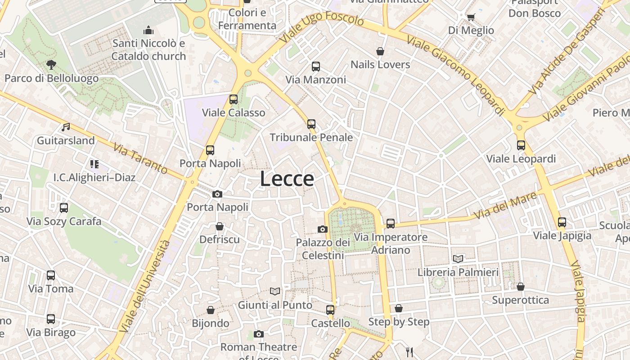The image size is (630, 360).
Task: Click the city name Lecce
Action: [x=287, y=179]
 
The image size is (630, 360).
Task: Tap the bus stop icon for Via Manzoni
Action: [x=316, y=67]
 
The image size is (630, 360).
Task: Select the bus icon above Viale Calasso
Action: [x=233, y=99]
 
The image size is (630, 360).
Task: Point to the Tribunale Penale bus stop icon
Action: [x=311, y=124]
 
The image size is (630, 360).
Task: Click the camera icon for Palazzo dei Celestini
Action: [x=322, y=229]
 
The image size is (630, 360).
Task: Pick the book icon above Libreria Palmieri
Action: [x=458, y=259]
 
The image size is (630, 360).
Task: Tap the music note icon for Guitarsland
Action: [x=66, y=127]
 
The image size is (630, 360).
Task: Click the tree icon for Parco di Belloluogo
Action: [x=51, y=65]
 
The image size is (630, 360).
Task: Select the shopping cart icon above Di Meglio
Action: [x=471, y=17]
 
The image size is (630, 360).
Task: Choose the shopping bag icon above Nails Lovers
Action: [x=380, y=51]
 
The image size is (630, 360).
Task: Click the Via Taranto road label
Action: [x=140, y=158]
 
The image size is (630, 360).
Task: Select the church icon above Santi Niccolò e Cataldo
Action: [x=148, y=31]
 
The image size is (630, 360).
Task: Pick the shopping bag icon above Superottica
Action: [x=521, y=287]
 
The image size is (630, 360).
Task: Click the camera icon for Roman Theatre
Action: [x=258, y=334]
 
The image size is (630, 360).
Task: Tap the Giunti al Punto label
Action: [x=275, y=305]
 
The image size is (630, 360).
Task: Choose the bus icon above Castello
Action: [x=330, y=310]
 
